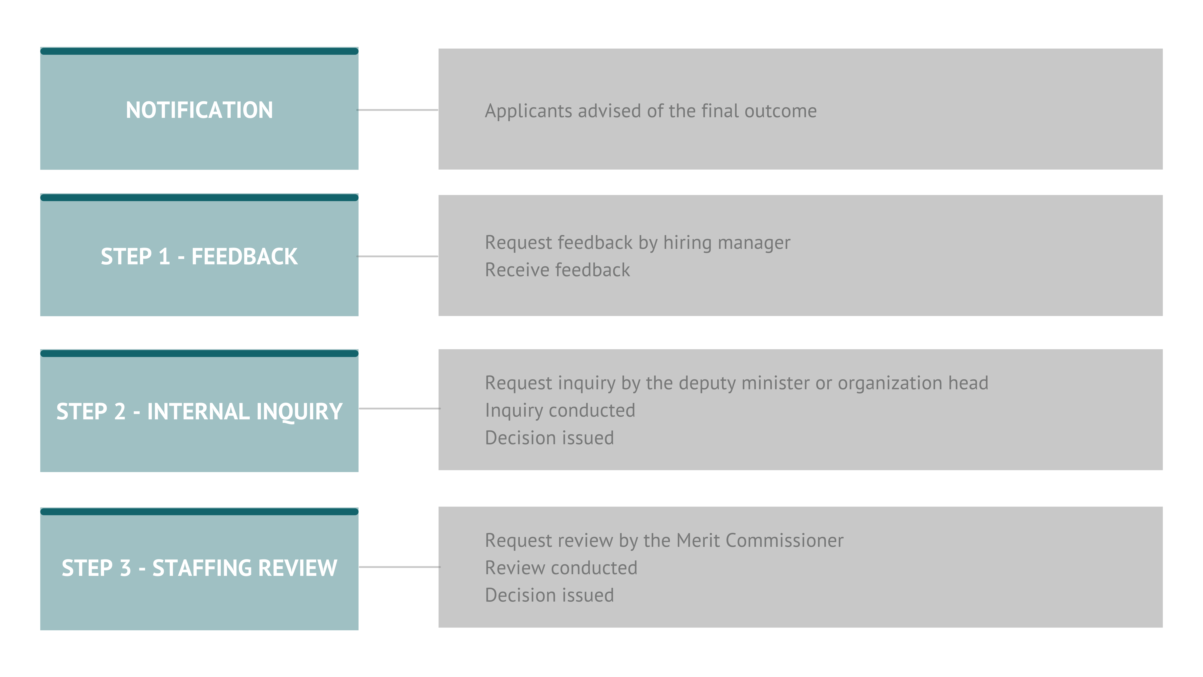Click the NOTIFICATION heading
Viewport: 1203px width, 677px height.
[199, 110]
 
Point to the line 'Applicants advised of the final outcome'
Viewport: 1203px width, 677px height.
[651, 111]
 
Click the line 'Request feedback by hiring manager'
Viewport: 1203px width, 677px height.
[637, 242]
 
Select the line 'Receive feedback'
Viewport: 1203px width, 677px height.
[557, 270]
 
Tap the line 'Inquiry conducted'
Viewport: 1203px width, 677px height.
[560, 410]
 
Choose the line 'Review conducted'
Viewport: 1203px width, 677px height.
[561, 568]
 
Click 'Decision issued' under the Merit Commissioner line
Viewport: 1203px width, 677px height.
[549, 595]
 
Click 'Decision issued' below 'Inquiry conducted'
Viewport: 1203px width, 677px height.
[549, 438]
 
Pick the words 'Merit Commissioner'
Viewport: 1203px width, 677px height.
[760, 541]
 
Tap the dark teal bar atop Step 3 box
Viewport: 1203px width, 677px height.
[199, 512]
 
